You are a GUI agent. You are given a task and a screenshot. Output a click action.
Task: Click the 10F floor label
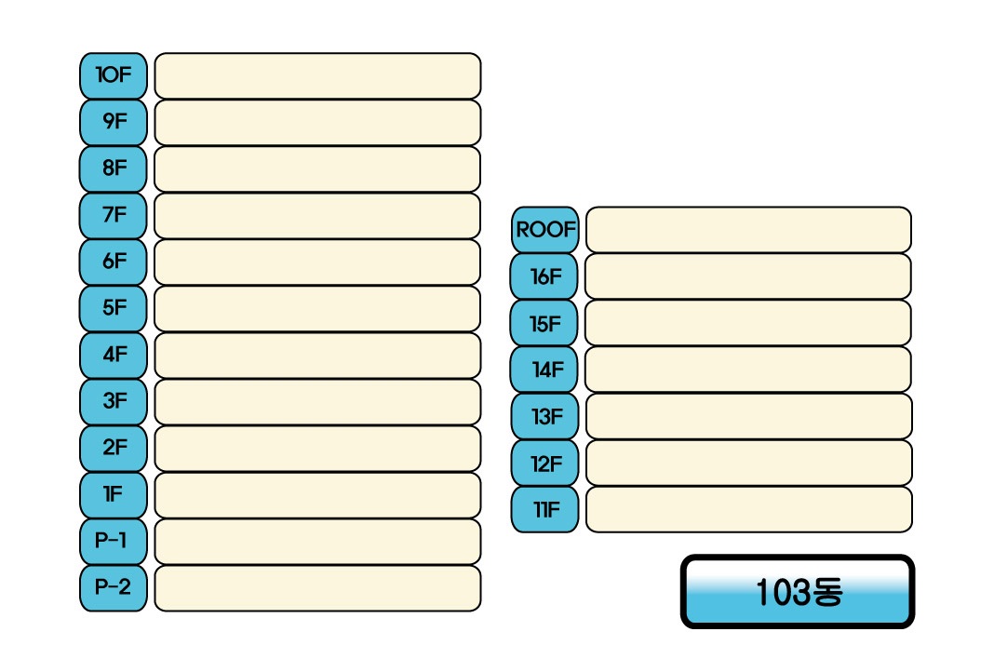(114, 75)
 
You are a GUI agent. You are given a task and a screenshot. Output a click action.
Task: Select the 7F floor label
(114, 215)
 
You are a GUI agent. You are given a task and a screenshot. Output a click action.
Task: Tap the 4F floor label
(114, 355)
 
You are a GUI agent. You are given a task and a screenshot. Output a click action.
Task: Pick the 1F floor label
(114, 495)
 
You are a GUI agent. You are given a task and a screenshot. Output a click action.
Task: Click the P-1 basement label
(114, 542)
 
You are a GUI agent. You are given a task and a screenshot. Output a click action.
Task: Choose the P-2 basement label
(114, 588)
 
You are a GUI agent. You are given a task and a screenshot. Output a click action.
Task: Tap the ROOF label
(545, 230)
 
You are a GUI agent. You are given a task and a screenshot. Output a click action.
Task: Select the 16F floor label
(545, 276)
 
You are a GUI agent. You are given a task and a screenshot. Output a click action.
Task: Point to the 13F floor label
(545, 416)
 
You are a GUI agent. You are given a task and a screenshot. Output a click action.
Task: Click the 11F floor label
(545, 509)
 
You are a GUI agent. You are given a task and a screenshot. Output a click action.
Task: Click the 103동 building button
(798, 592)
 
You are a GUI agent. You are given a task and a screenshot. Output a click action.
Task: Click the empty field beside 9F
(317, 122)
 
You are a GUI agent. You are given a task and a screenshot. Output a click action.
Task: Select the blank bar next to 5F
(317, 308)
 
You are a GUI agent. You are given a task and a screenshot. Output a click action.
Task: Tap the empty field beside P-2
(317, 588)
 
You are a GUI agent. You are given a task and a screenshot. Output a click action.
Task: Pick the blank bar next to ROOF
(748, 230)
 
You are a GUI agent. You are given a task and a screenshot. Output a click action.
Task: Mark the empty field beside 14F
(748, 370)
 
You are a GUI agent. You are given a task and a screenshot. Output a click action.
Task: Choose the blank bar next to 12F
(748, 463)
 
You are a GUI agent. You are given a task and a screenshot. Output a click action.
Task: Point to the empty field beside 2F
(317, 449)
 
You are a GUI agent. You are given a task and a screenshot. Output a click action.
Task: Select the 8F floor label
(114, 168)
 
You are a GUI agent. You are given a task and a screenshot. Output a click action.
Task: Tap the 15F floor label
(545, 323)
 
